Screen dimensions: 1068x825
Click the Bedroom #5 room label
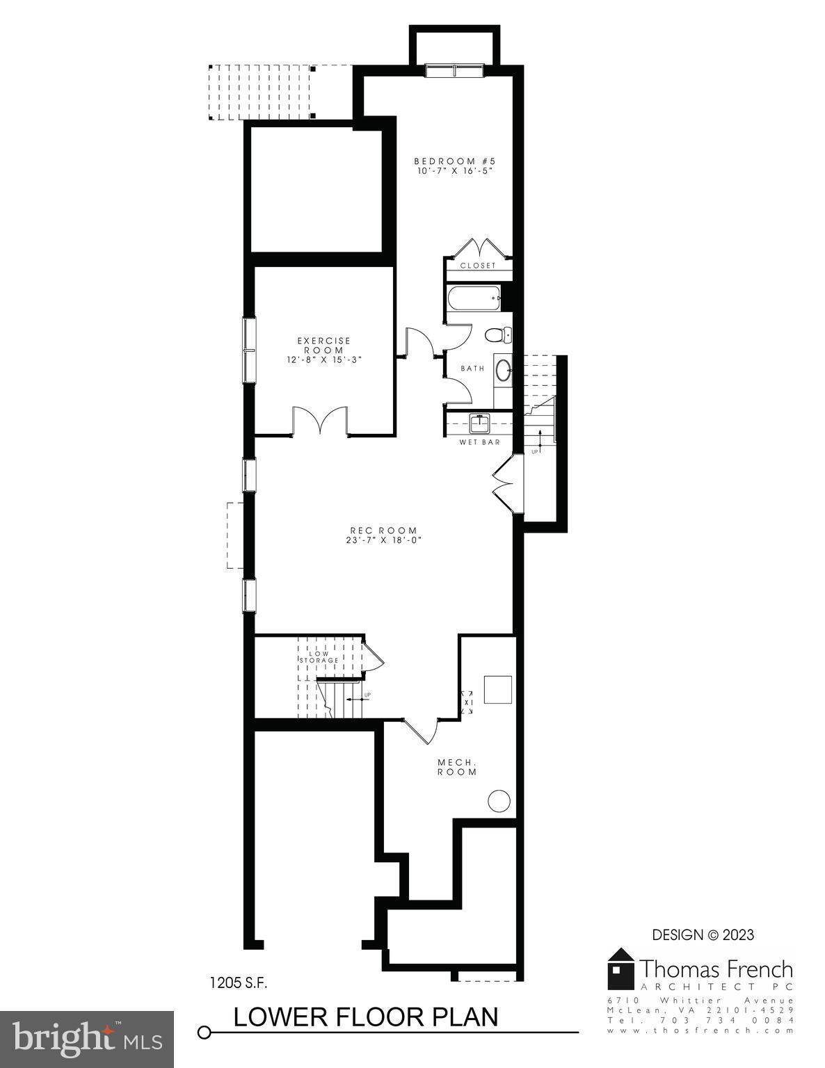(x=455, y=161)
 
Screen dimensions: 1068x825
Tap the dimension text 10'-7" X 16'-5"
(x=455, y=171)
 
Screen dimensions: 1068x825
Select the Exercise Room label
(x=324, y=346)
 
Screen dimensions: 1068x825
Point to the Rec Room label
(x=384, y=531)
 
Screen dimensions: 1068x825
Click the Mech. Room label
(x=457, y=767)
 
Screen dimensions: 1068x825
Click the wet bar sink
(x=479, y=422)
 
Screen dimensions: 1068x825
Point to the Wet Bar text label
(x=479, y=442)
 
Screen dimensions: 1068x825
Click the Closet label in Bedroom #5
(x=479, y=266)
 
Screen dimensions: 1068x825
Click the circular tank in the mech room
(x=499, y=801)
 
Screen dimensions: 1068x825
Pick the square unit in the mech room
(x=498, y=689)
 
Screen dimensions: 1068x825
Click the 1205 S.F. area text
(x=239, y=983)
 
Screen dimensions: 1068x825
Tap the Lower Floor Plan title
(x=365, y=1017)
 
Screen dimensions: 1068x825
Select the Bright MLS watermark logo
(x=87, y=1039)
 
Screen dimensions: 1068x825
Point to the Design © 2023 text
(x=703, y=935)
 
